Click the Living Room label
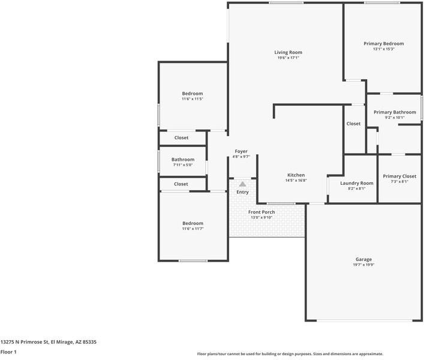pos(288,52)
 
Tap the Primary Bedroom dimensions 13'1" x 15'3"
pos(383,49)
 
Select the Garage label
pos(363,259)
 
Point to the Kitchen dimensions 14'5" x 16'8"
pos(296,180)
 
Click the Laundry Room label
pos(357,183)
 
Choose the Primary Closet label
pos(399,176)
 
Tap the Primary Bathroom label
pos(395,112)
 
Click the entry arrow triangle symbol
pos(242,184)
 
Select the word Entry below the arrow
pos(242,192)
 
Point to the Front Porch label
pos(261,212)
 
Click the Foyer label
pos(240,151)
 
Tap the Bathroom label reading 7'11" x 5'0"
pos(183,159)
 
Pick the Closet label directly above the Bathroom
pos(181,137)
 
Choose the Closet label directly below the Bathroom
pos(181,184)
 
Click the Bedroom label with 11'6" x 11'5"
pos(193,93)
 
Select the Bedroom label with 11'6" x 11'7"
pos(193,223)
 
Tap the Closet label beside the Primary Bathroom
pos(353,124)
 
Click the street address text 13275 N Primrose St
pos(48,341)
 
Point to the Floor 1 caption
pos(8,352)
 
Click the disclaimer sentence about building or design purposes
pos(290,354)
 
